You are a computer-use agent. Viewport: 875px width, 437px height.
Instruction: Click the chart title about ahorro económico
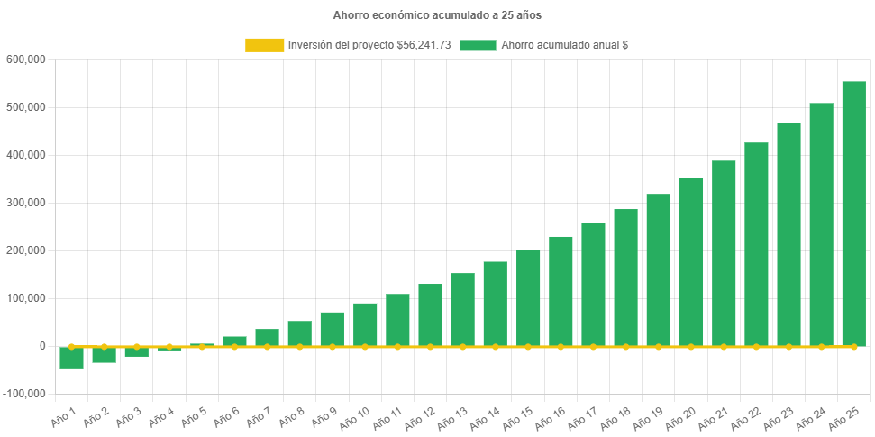[437, 15]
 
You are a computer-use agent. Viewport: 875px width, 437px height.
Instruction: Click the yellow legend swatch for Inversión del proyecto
[264, 45]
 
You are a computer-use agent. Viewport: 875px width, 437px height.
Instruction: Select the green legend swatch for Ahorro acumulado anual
[478, 45]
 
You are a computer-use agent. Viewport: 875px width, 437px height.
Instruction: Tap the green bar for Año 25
[853, 214]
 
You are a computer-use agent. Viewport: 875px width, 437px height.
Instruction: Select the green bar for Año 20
[690, 261]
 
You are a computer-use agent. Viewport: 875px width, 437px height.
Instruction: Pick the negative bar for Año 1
[71, 358]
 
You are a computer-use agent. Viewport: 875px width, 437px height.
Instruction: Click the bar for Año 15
[528, 297]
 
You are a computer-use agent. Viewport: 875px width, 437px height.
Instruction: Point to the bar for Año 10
[365, 324]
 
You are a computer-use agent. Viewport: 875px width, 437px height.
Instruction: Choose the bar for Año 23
[788, 234]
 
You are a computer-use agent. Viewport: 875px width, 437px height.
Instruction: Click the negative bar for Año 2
[104, 355]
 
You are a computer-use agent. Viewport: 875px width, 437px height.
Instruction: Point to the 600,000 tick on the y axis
[26, 59]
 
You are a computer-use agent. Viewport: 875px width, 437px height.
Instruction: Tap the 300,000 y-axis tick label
[26, 203]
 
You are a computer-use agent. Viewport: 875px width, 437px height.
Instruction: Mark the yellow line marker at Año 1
[71, 346]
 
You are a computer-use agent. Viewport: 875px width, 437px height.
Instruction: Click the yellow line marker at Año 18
[625, 346]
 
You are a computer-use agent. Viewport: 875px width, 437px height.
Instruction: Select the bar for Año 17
[593, 284]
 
